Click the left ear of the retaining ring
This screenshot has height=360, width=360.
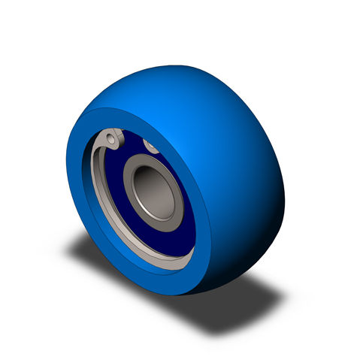click(112, 139)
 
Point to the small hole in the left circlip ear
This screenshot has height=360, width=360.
click(111, 138)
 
